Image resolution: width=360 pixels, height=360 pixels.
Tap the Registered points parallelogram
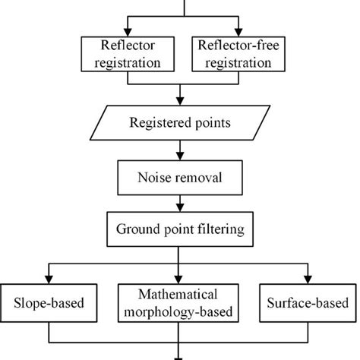coord(179,122)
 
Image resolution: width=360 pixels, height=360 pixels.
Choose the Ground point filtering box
coord(179,229)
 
